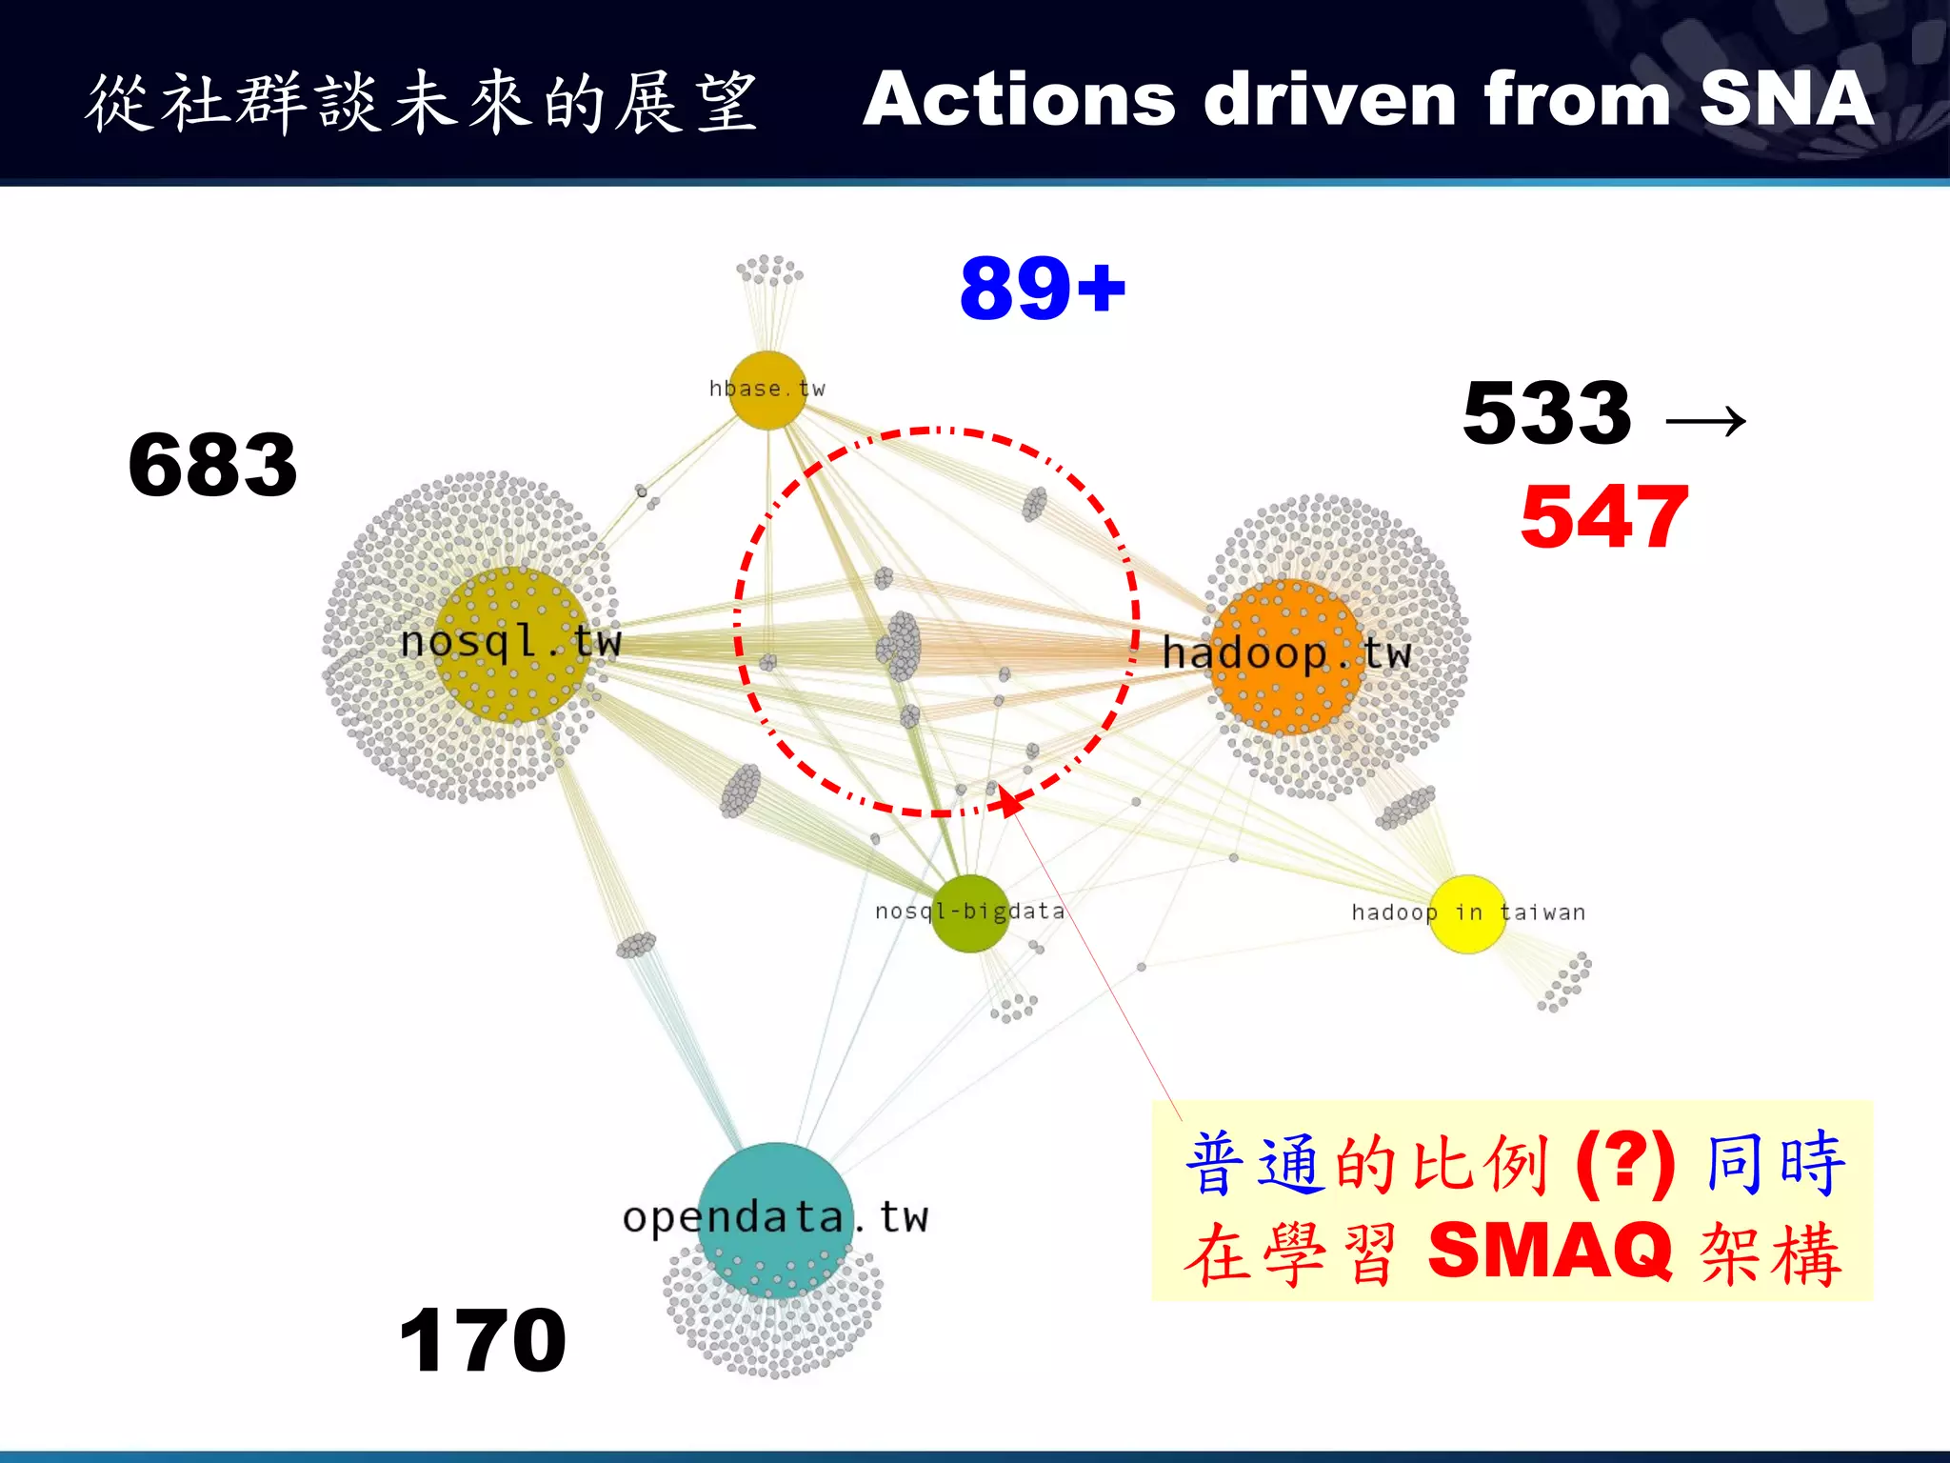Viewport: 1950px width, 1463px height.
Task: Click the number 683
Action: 213,465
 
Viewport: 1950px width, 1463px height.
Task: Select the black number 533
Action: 1547,412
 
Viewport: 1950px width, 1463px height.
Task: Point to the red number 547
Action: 1604,516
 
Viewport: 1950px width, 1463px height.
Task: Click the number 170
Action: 483,1340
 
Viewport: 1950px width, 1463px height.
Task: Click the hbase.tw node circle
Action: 767,391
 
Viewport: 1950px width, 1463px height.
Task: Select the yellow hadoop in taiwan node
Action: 1467,913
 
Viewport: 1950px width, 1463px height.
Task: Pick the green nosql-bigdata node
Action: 969,913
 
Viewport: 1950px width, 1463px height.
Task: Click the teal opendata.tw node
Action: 776,1219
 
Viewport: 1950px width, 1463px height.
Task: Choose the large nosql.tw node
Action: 512,644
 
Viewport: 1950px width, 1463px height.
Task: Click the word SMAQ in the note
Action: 1550,1251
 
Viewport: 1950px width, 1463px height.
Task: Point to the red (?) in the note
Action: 1625,1163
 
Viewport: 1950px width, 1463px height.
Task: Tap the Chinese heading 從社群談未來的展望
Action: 421,102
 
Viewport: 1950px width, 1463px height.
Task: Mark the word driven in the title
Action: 1329,99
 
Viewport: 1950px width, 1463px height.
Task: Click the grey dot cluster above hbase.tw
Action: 769,271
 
